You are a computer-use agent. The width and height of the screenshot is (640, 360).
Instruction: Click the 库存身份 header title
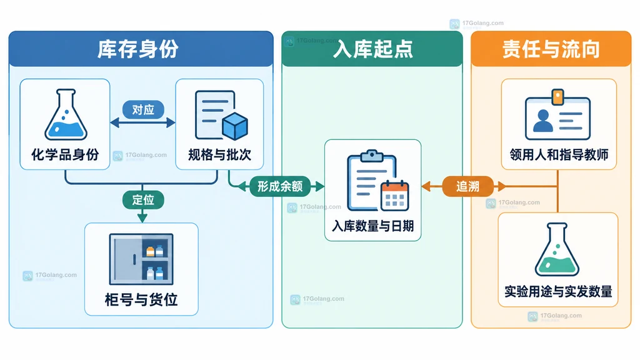138,49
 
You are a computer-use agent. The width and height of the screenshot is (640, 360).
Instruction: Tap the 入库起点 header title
372,49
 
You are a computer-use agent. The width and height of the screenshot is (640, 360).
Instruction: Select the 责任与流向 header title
551,49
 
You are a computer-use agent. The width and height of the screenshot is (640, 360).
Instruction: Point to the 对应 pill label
143,109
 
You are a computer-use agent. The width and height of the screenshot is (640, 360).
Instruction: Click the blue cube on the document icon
235,126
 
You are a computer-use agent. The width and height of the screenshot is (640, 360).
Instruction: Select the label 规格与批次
219,155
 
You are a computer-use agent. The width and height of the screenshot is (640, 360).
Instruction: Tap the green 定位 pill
143,200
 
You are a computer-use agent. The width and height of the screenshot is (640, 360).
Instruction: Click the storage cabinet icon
141,259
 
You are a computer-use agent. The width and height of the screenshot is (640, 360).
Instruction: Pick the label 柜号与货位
141,299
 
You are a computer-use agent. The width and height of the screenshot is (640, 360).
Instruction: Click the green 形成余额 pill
280,186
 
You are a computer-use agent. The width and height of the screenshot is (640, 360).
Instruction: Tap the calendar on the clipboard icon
395,196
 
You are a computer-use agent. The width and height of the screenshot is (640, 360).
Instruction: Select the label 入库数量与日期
373,226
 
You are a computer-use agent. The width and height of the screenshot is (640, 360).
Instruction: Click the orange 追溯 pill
467,186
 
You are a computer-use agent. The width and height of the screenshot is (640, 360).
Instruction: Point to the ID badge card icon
557,115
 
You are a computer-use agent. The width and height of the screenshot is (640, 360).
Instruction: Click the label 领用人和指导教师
559,155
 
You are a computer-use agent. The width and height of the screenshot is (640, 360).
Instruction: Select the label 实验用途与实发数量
558,291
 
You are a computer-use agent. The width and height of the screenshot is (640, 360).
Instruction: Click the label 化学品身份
65,155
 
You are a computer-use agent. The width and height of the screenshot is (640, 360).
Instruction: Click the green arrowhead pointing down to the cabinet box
142,217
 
